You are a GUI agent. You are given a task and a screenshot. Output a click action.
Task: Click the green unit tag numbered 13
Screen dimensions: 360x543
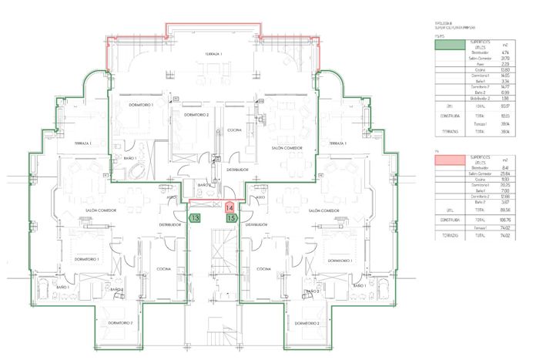click(196, 218)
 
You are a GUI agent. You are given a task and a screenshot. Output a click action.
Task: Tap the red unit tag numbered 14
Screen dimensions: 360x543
click(230, 207)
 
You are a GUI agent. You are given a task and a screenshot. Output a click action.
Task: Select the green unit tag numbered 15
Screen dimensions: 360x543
click(231, 218)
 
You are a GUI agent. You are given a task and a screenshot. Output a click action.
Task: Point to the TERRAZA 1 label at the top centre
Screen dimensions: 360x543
click(213, 54)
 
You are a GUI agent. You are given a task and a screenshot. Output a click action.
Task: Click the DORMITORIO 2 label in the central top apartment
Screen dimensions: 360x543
click(186, 115)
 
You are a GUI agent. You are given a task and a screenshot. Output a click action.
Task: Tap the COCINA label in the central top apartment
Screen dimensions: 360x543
click(234, 130)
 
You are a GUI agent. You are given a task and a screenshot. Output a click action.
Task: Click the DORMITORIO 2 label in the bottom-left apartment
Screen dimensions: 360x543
click(122, 321)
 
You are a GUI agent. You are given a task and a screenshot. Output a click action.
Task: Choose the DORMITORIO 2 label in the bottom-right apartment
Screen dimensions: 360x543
click(306, 323)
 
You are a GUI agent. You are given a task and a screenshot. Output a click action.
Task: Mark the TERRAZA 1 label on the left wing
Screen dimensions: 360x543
click(84, 143)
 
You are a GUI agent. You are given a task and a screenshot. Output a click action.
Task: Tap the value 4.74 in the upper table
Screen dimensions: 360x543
click(504, 52)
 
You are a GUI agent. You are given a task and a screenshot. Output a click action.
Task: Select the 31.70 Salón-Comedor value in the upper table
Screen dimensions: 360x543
click(504, 58)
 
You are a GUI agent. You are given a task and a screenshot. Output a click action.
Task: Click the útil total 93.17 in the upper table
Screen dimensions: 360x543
click(504, 106)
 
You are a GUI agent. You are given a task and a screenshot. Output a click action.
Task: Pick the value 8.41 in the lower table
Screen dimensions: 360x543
click(504, 167)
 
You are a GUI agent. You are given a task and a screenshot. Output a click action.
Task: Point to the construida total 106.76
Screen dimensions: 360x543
click(504, 219)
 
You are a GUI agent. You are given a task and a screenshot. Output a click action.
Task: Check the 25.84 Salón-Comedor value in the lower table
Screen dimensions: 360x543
click(504, 173)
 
